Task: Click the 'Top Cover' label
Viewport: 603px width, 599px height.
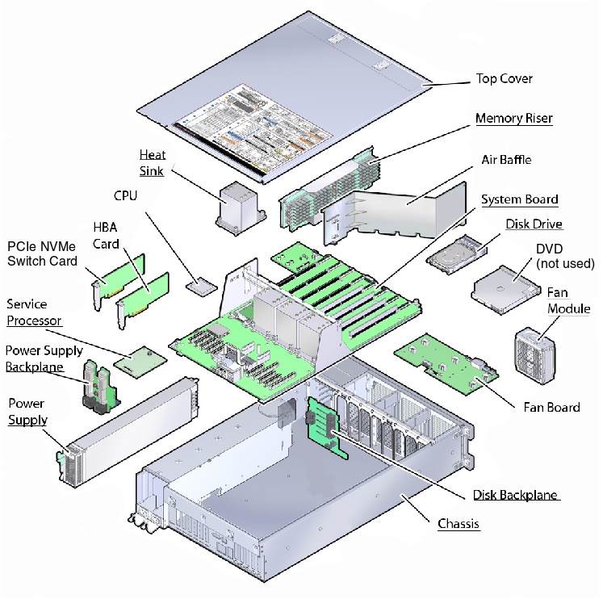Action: [504, 79]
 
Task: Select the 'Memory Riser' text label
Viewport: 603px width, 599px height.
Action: [513, 119]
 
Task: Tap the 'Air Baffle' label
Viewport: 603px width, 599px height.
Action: [505, 160]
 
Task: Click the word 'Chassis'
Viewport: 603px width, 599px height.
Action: [459, 524]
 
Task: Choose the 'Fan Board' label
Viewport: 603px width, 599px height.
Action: [551, 407]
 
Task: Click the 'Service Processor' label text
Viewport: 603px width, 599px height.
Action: [34, 312]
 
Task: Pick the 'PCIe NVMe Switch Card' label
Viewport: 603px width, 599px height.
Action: [42, 253]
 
